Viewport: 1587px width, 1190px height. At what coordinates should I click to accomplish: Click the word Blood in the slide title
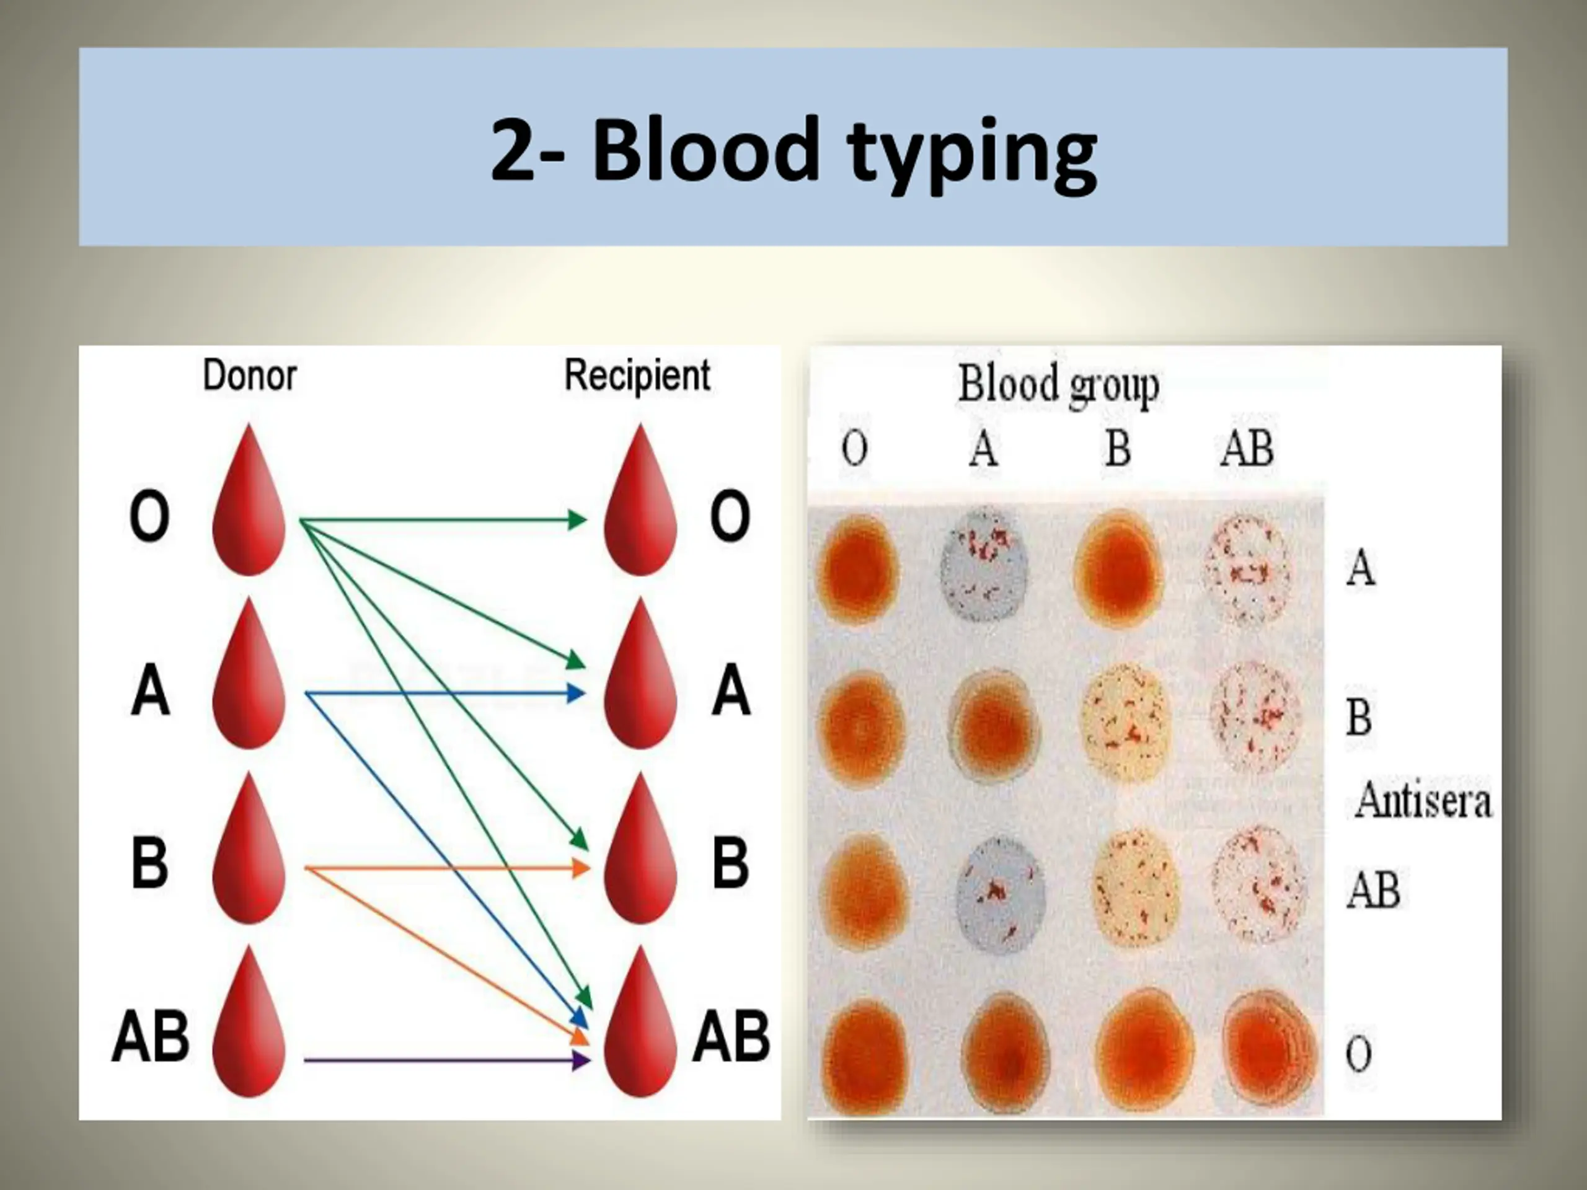[705, 150]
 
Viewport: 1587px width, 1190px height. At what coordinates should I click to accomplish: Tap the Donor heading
[250, 375]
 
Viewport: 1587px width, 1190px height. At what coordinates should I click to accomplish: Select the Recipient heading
[637, 376]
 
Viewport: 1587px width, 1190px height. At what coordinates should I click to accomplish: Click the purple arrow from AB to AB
[446, 1059]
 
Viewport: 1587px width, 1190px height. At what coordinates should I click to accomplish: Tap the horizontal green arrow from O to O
[443, 519]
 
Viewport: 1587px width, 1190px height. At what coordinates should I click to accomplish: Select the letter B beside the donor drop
[150, 862]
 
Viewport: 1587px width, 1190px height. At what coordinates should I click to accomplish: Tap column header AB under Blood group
[1247, 448]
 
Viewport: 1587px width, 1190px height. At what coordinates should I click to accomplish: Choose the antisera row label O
[1358, 1054]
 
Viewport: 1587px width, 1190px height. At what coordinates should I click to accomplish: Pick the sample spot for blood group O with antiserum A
[859, 566]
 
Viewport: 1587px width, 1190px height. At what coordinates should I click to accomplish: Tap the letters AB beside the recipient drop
[730, 1036]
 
